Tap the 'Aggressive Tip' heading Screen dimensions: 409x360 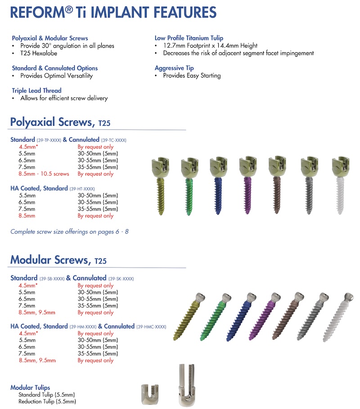174,68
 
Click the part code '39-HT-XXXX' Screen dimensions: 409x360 82,188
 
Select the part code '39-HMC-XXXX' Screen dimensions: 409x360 151,327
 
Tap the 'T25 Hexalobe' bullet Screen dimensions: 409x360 41,53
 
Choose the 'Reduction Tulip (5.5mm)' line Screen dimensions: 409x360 47,401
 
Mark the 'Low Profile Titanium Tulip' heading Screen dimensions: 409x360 189,38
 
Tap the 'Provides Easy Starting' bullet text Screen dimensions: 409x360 192,76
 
